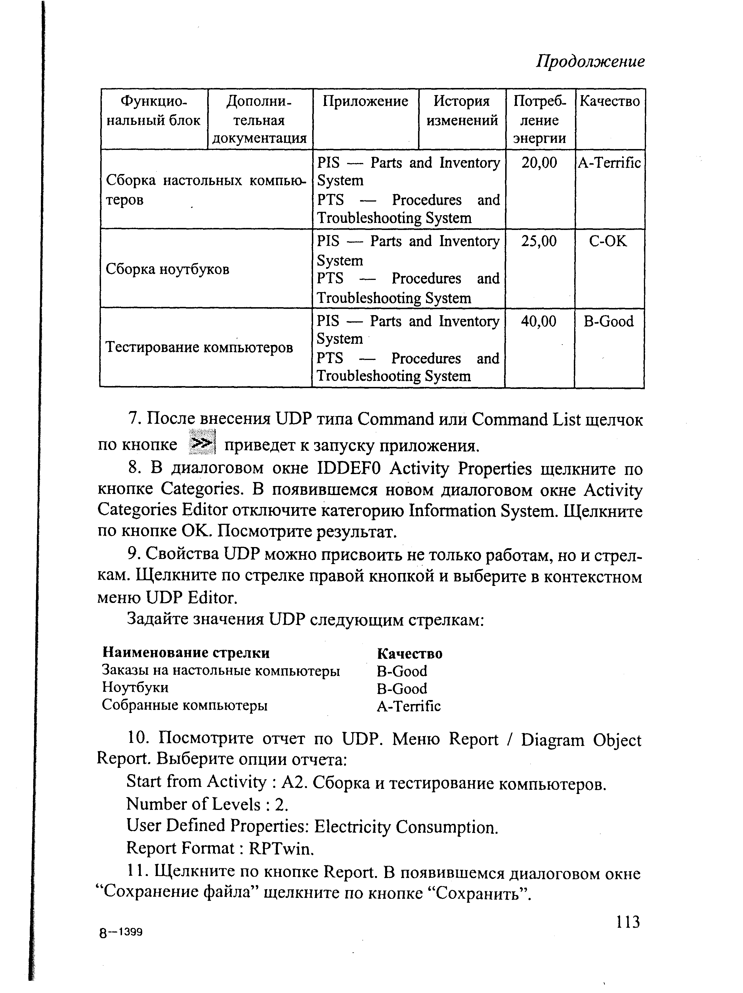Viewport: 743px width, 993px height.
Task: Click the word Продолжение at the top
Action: (x=590, y=61)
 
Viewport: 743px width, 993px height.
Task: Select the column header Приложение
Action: (x=365, y=101)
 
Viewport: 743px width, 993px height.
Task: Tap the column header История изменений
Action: (x=462, y=111)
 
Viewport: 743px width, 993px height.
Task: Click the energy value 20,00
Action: (x=539, y=162)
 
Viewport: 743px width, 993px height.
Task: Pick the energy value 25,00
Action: (x=539, y=242)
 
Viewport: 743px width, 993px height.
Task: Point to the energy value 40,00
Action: (x=538, y=321)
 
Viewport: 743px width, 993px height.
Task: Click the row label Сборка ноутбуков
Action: (x=167, y=269)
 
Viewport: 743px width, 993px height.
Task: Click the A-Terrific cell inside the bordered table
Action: (x=609, y=162)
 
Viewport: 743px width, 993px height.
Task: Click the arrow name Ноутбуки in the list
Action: (x=135, y=687)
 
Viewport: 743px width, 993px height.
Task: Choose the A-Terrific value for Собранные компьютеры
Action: (x=409, y=707)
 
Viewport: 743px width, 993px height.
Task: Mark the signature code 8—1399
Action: (x=120, y=933)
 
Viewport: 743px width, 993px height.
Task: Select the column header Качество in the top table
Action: (x=610, y=101)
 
